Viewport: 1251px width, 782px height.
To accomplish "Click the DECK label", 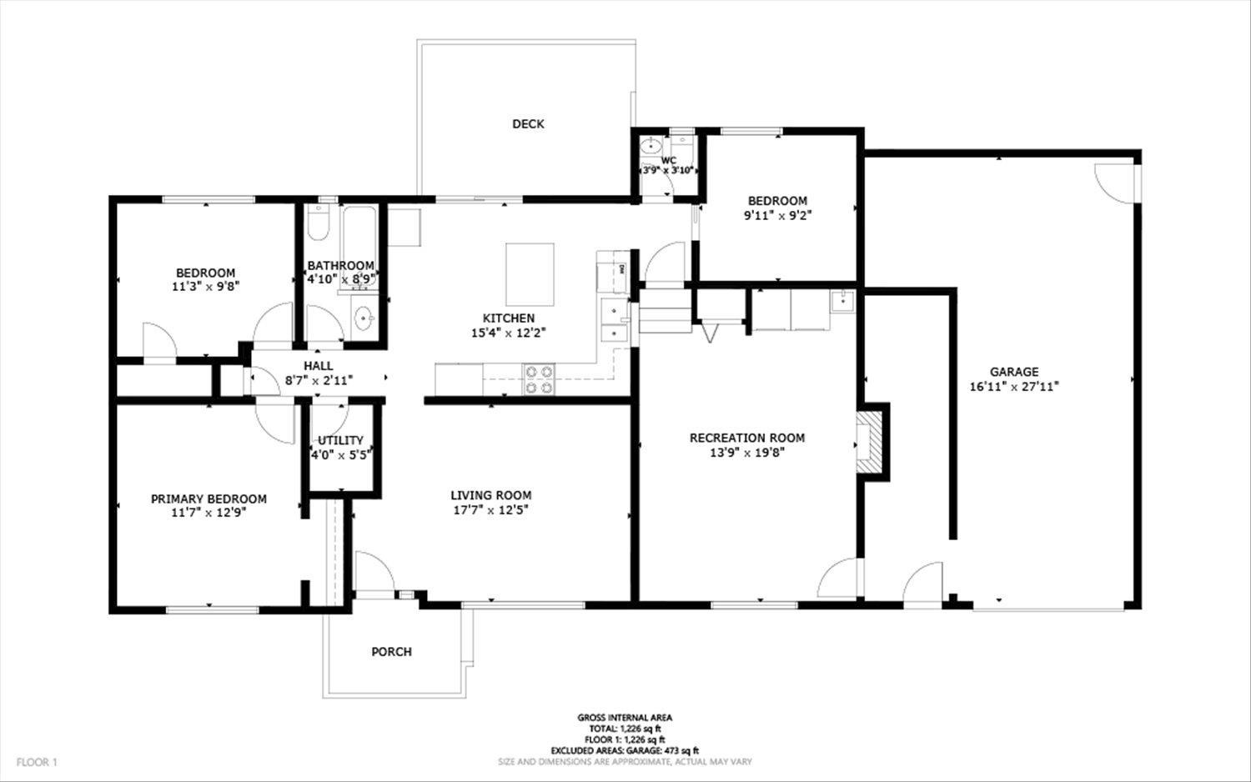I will pyautogui.click(x=528, y=124).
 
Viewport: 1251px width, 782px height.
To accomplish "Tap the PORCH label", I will pyautogui.click(x=391, y=651).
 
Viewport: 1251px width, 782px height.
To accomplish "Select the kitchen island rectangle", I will pyautogui.click(x=530, y=274).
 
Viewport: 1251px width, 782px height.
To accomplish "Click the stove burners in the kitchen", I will pyautogui.click(x=539, y=379).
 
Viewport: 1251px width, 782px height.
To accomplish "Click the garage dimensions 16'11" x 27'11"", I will pyautogui.click(x=1014, y=386).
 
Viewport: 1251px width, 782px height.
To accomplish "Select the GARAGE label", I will pyautogui.click(x=1014, y=372).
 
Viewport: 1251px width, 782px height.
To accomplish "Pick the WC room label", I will pyautogui.click(x=668, y=160).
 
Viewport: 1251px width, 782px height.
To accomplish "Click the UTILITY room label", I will pyautogui.click(x=340, y=440).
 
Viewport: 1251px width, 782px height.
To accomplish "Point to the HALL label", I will pyautogui.click(x=318, y=365).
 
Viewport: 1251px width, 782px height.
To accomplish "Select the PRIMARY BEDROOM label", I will pyautogui.click(x=208, y=499).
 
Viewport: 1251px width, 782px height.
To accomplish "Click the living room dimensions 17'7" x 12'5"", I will pyautogui.click(x=490, y=509).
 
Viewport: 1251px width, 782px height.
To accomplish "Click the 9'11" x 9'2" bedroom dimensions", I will pyautogui.click(x=777, y=215).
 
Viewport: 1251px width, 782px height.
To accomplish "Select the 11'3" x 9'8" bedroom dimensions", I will pyautogui.click(x=205, y=286).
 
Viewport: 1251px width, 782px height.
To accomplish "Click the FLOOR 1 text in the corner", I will pyautogui.click(x=37, y=762).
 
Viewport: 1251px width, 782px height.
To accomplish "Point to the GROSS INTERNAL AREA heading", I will pyautogui.click(x=625, y=717).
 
